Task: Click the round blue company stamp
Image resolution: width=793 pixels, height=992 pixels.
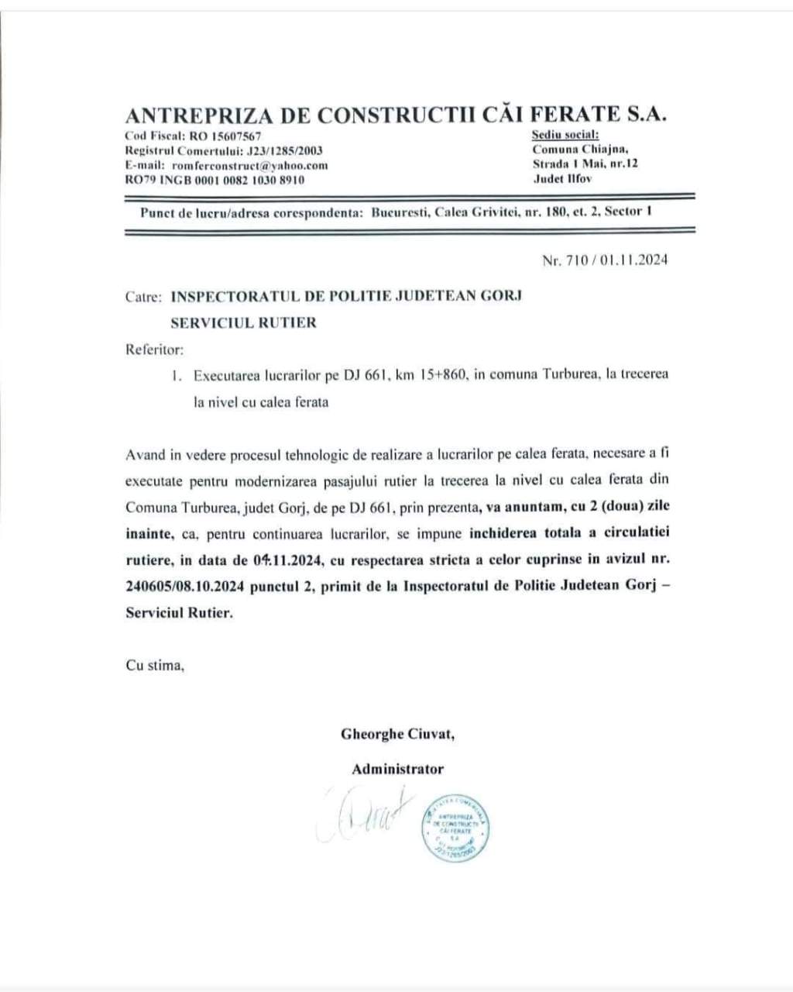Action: (455, 828)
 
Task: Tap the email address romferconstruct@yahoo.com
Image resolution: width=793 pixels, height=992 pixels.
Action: (250, 165)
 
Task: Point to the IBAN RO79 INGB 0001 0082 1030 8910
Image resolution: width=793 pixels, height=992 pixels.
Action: (215, 180)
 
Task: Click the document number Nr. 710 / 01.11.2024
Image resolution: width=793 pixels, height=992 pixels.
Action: (605, 260)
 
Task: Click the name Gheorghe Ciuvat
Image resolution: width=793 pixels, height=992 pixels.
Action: (397, 734)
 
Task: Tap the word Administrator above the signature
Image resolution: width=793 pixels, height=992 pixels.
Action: (397, 770)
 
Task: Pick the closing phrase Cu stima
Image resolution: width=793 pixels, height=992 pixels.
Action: (155, 665)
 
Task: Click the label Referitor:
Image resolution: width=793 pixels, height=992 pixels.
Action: (155, 349)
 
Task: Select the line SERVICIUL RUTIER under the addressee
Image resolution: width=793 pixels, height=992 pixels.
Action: (243, 322)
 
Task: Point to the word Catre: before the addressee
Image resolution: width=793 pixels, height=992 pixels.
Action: (143, 296)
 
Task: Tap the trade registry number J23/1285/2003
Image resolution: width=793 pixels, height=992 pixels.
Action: (283, 151)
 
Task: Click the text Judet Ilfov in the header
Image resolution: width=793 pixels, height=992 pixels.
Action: (562, 179)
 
